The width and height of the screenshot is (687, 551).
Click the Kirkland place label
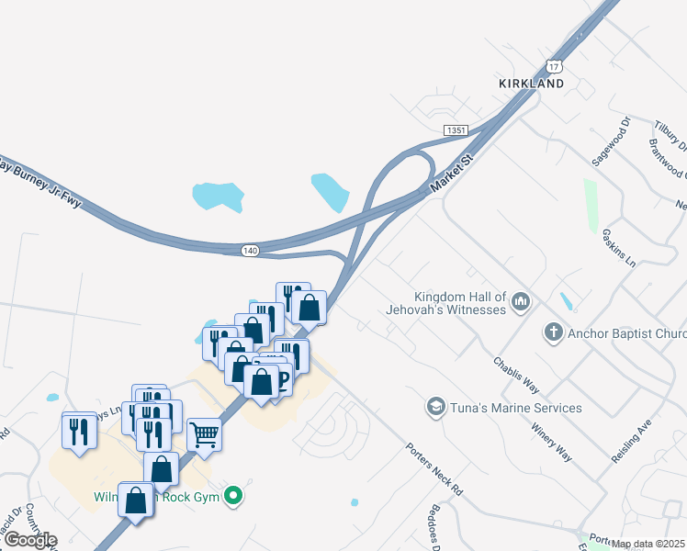click(x=531, y=83)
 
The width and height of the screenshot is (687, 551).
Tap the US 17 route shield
click(x=553, y=65)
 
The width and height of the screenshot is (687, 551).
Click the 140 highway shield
click(x=251, y=250)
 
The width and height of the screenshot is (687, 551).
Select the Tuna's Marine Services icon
click(x=435, y=406)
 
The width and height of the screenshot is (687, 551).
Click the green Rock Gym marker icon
click(x=234, y=497)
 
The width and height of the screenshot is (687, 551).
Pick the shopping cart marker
click(x=204, y=433)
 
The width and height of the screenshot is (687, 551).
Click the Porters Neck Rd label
click(x=434, y=469)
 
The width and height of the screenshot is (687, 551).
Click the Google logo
click(x=29, y=540)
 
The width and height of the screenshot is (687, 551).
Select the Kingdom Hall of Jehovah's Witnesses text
click(x=460, y=303)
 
